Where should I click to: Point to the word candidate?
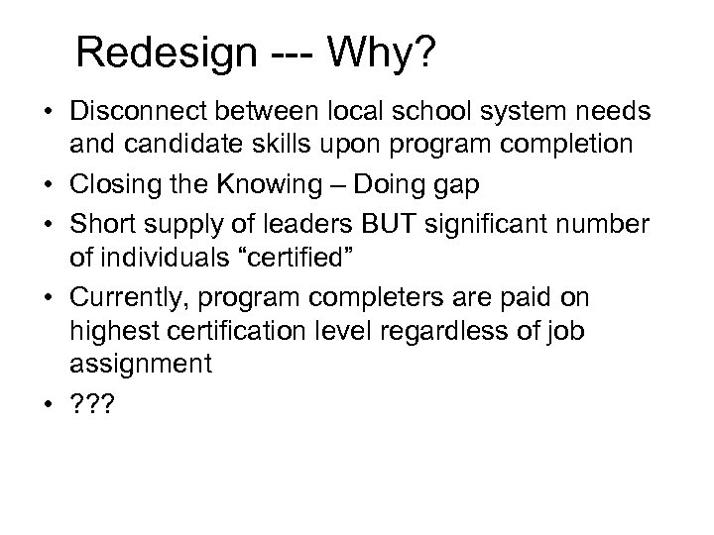(x=194, y=146)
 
